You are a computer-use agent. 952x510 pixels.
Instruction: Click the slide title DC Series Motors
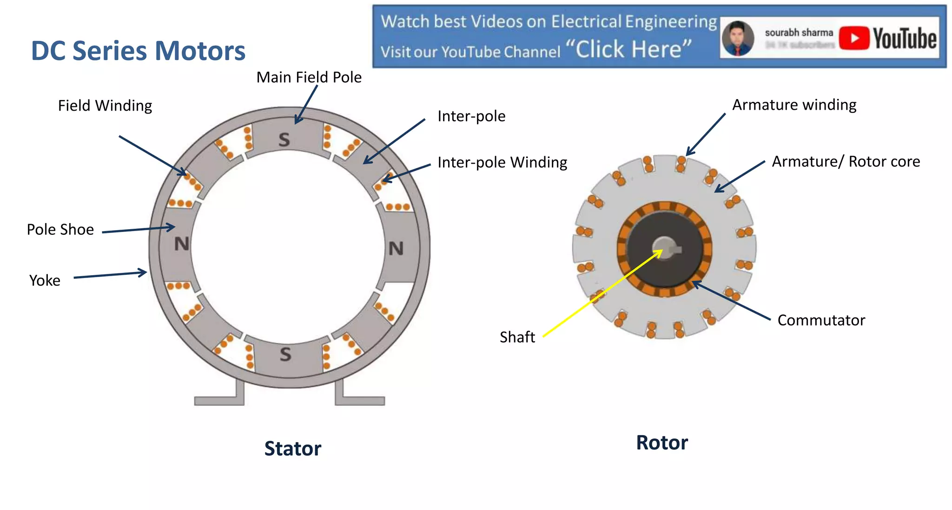pos(138,51)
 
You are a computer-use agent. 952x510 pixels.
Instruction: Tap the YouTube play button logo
pos(854,38)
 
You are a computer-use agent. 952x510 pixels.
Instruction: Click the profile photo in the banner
pos(738,38)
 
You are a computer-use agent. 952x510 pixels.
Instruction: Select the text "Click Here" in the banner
pos(629,49)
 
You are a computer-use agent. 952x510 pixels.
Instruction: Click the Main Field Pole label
pos(309,77)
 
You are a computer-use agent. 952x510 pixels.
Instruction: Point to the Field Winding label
pos(105,106)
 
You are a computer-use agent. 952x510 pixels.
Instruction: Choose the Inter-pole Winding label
pos(502,162)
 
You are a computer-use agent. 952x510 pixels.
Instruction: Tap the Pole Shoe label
pos(60,229)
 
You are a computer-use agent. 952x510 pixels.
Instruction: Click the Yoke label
pos(45,280)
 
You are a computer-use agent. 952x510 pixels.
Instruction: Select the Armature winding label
pos(794,105)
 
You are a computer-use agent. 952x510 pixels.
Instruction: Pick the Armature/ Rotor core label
pos(846,161)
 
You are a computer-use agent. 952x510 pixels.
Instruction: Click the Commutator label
pos(821,320)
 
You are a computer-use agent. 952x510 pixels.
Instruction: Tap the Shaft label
pos(517,337)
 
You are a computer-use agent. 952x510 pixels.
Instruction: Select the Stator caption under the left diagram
pos(292,449)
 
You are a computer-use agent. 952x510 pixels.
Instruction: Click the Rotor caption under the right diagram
pos(661,443)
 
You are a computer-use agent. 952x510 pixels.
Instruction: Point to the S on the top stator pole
pos(284,139)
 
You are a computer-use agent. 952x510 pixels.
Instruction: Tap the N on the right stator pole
pos(396,249)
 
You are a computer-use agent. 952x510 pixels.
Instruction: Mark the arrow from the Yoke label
pos(110,275)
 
